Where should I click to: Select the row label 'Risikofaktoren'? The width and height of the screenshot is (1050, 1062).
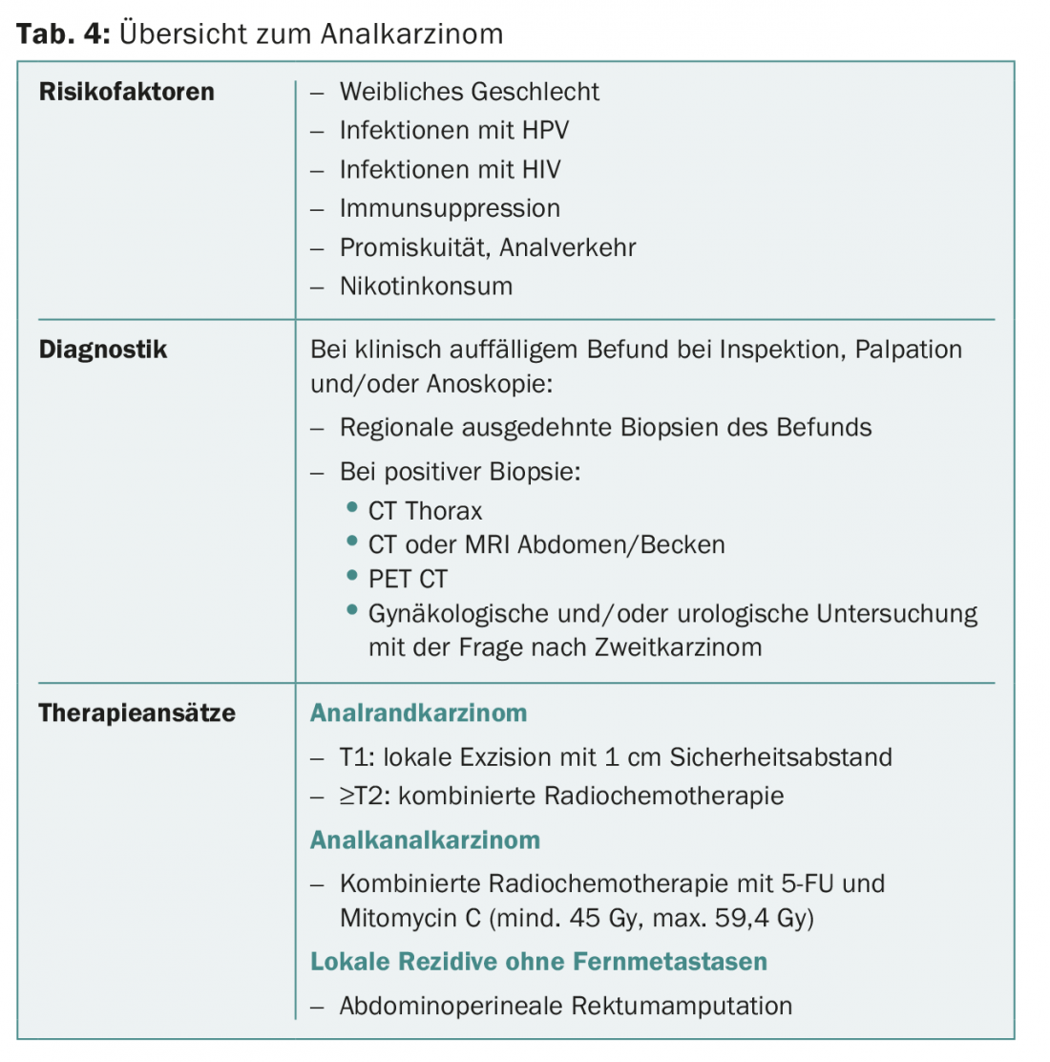(127, 92)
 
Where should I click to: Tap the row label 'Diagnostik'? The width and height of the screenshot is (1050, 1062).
(103, 350)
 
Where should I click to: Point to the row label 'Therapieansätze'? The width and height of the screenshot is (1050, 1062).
(136, 713)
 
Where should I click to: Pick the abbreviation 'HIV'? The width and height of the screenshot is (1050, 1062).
(541, 170)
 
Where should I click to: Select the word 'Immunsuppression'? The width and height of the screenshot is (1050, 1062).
(450, 208)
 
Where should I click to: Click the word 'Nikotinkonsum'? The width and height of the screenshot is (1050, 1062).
(426, 287)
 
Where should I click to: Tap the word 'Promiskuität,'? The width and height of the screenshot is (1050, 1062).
(415, 247)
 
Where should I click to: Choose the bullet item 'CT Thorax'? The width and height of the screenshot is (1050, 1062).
(425, 511)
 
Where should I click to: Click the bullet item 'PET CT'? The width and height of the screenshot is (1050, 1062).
(408, 579)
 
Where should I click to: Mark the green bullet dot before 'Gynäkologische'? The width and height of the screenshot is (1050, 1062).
(352, 610)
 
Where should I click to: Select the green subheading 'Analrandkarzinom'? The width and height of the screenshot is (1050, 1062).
(418, 713)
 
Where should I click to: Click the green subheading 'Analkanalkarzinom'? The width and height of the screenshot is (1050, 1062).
(425, 840)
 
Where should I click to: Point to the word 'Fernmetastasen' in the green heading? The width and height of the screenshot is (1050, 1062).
(674, 962)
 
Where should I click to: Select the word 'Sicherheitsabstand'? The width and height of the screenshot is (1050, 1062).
(781, 757)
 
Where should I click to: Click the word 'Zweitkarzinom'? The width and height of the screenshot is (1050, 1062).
(678, 648)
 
